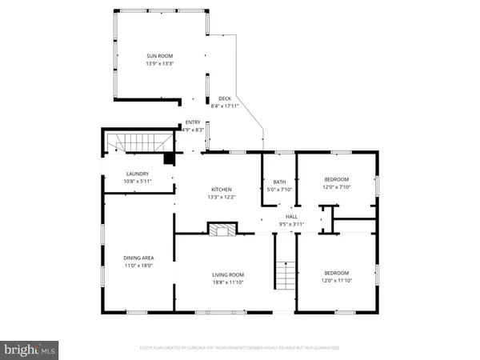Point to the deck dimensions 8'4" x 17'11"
click(225, 106)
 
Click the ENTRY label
click(193, 122)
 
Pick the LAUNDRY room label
click(138, 174)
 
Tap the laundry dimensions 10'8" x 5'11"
click(138, 182)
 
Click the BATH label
click(280, 181)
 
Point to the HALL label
click(292, 216)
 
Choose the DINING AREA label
click(138, 257)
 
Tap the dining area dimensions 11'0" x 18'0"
click(138, 265)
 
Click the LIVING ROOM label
click(228, 273)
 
